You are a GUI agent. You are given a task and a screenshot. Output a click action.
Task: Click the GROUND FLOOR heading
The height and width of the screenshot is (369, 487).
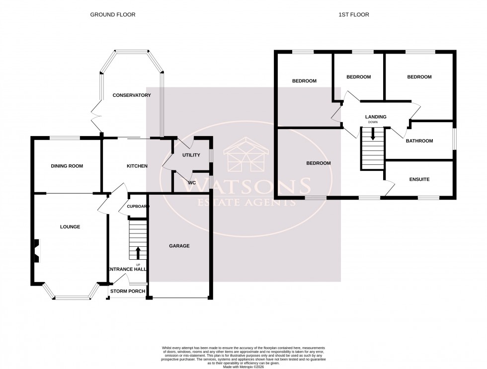pos(112,15)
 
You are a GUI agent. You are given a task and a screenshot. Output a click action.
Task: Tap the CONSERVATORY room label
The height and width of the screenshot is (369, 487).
pos(131,95)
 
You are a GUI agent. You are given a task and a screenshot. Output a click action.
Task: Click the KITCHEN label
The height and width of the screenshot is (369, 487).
pos(137,166)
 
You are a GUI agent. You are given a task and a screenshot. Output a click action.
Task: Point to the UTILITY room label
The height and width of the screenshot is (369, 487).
pos(191,155)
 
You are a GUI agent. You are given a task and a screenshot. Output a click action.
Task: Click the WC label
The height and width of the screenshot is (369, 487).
pos(191,183)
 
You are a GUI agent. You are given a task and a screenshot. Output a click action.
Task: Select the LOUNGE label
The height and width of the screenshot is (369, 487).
pos(70,227)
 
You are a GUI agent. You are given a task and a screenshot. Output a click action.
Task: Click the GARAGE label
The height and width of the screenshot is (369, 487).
pos(179,246)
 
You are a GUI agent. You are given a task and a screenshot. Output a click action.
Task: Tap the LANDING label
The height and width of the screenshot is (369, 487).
pos(376,117)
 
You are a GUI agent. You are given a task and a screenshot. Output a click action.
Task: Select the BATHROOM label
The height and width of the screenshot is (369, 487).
pos(419,141)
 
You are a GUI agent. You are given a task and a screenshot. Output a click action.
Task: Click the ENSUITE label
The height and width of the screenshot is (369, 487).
pos(419,179)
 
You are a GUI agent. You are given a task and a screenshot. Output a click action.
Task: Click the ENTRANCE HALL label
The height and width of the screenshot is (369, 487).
pos(127,269)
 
